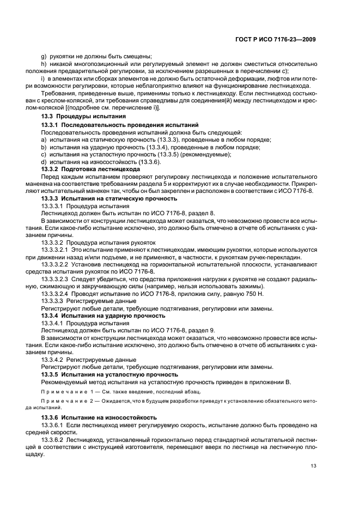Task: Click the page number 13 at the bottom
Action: point(313,465)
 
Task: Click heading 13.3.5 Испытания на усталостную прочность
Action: point(109,374)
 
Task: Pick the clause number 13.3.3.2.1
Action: point(54,248)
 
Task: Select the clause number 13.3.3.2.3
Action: point(54,278)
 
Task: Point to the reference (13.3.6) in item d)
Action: point(149,162)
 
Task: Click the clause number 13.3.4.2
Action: point(51,360)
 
